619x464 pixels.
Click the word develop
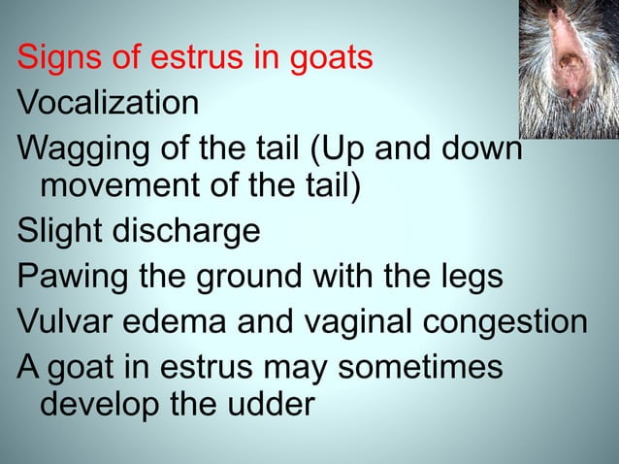tap(102, 405)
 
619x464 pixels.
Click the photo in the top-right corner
tap(565, 68)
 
